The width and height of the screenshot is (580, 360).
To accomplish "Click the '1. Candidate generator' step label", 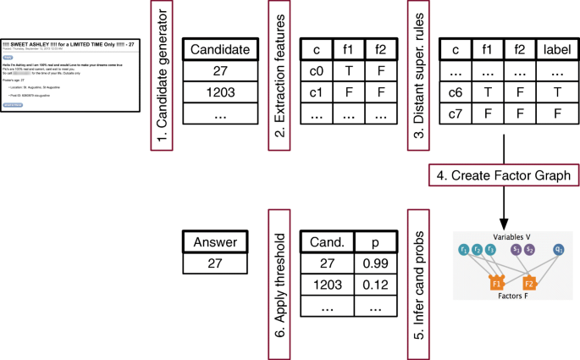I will (x=162, y=77).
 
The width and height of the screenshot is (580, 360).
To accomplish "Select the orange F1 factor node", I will (x=496, y=282).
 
